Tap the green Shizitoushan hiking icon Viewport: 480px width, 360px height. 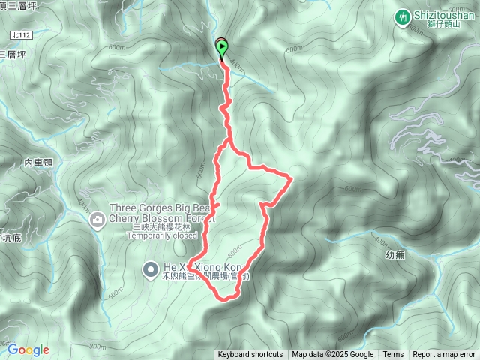(403, 16)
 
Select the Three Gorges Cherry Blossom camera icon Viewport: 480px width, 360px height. (97, 220)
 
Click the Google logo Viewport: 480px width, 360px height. (28, 349)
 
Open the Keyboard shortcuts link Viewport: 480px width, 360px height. (250, 355)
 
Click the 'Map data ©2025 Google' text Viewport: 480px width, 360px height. (332, 355)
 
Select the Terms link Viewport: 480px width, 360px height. (393, 355)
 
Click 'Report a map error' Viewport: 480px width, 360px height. (444, 355)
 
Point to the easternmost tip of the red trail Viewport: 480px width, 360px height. (291, 178)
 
